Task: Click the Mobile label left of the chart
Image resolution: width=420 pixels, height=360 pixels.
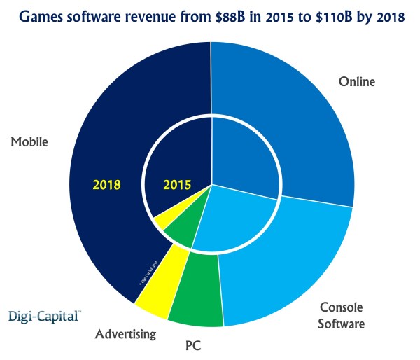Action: click(x=29, y=141)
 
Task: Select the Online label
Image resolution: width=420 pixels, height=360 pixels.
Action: click(x=358, y=82)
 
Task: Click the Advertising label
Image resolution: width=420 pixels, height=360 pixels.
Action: click(x=125, y=334)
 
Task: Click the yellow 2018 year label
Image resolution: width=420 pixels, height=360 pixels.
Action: click(x=107, y=186)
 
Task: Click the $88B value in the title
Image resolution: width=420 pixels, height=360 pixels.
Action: click(x=226, y=15)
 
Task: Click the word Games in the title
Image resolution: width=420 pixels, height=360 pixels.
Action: click(x=43, y=15)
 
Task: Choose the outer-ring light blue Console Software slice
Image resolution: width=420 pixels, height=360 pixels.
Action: click(x=294, y=266)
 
